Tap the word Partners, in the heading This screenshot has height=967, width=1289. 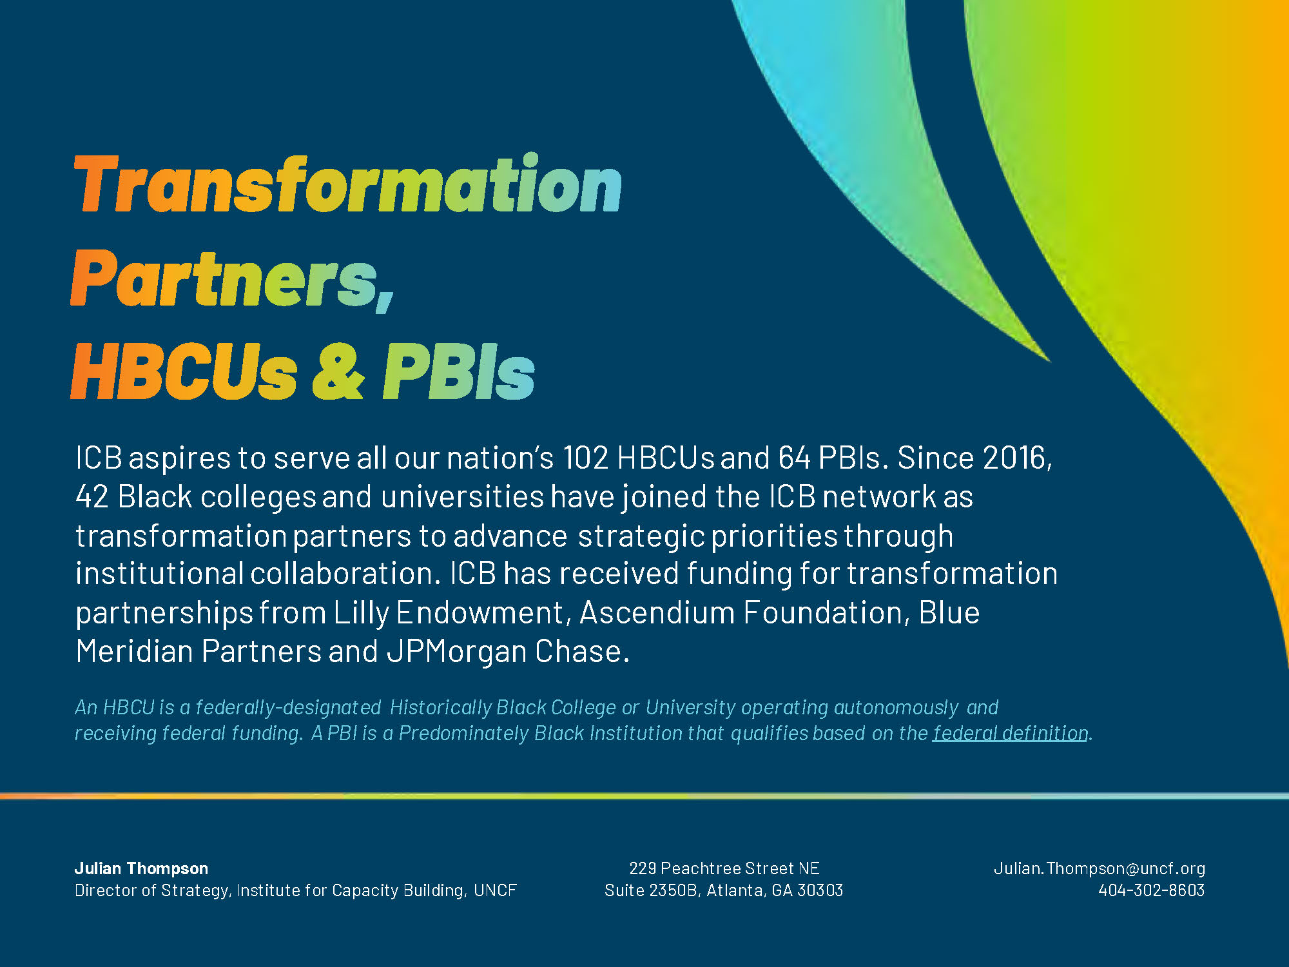232,279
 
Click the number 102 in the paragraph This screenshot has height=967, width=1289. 585,458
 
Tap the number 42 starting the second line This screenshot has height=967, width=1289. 92,497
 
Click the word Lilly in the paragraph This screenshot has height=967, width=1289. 361,613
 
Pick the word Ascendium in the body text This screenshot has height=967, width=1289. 657,612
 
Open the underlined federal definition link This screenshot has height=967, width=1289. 1011,733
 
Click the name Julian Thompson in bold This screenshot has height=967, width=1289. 141,868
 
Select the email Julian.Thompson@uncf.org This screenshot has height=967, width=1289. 1100,869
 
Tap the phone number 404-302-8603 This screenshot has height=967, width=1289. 1152,890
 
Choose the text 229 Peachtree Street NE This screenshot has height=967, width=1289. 724,868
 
